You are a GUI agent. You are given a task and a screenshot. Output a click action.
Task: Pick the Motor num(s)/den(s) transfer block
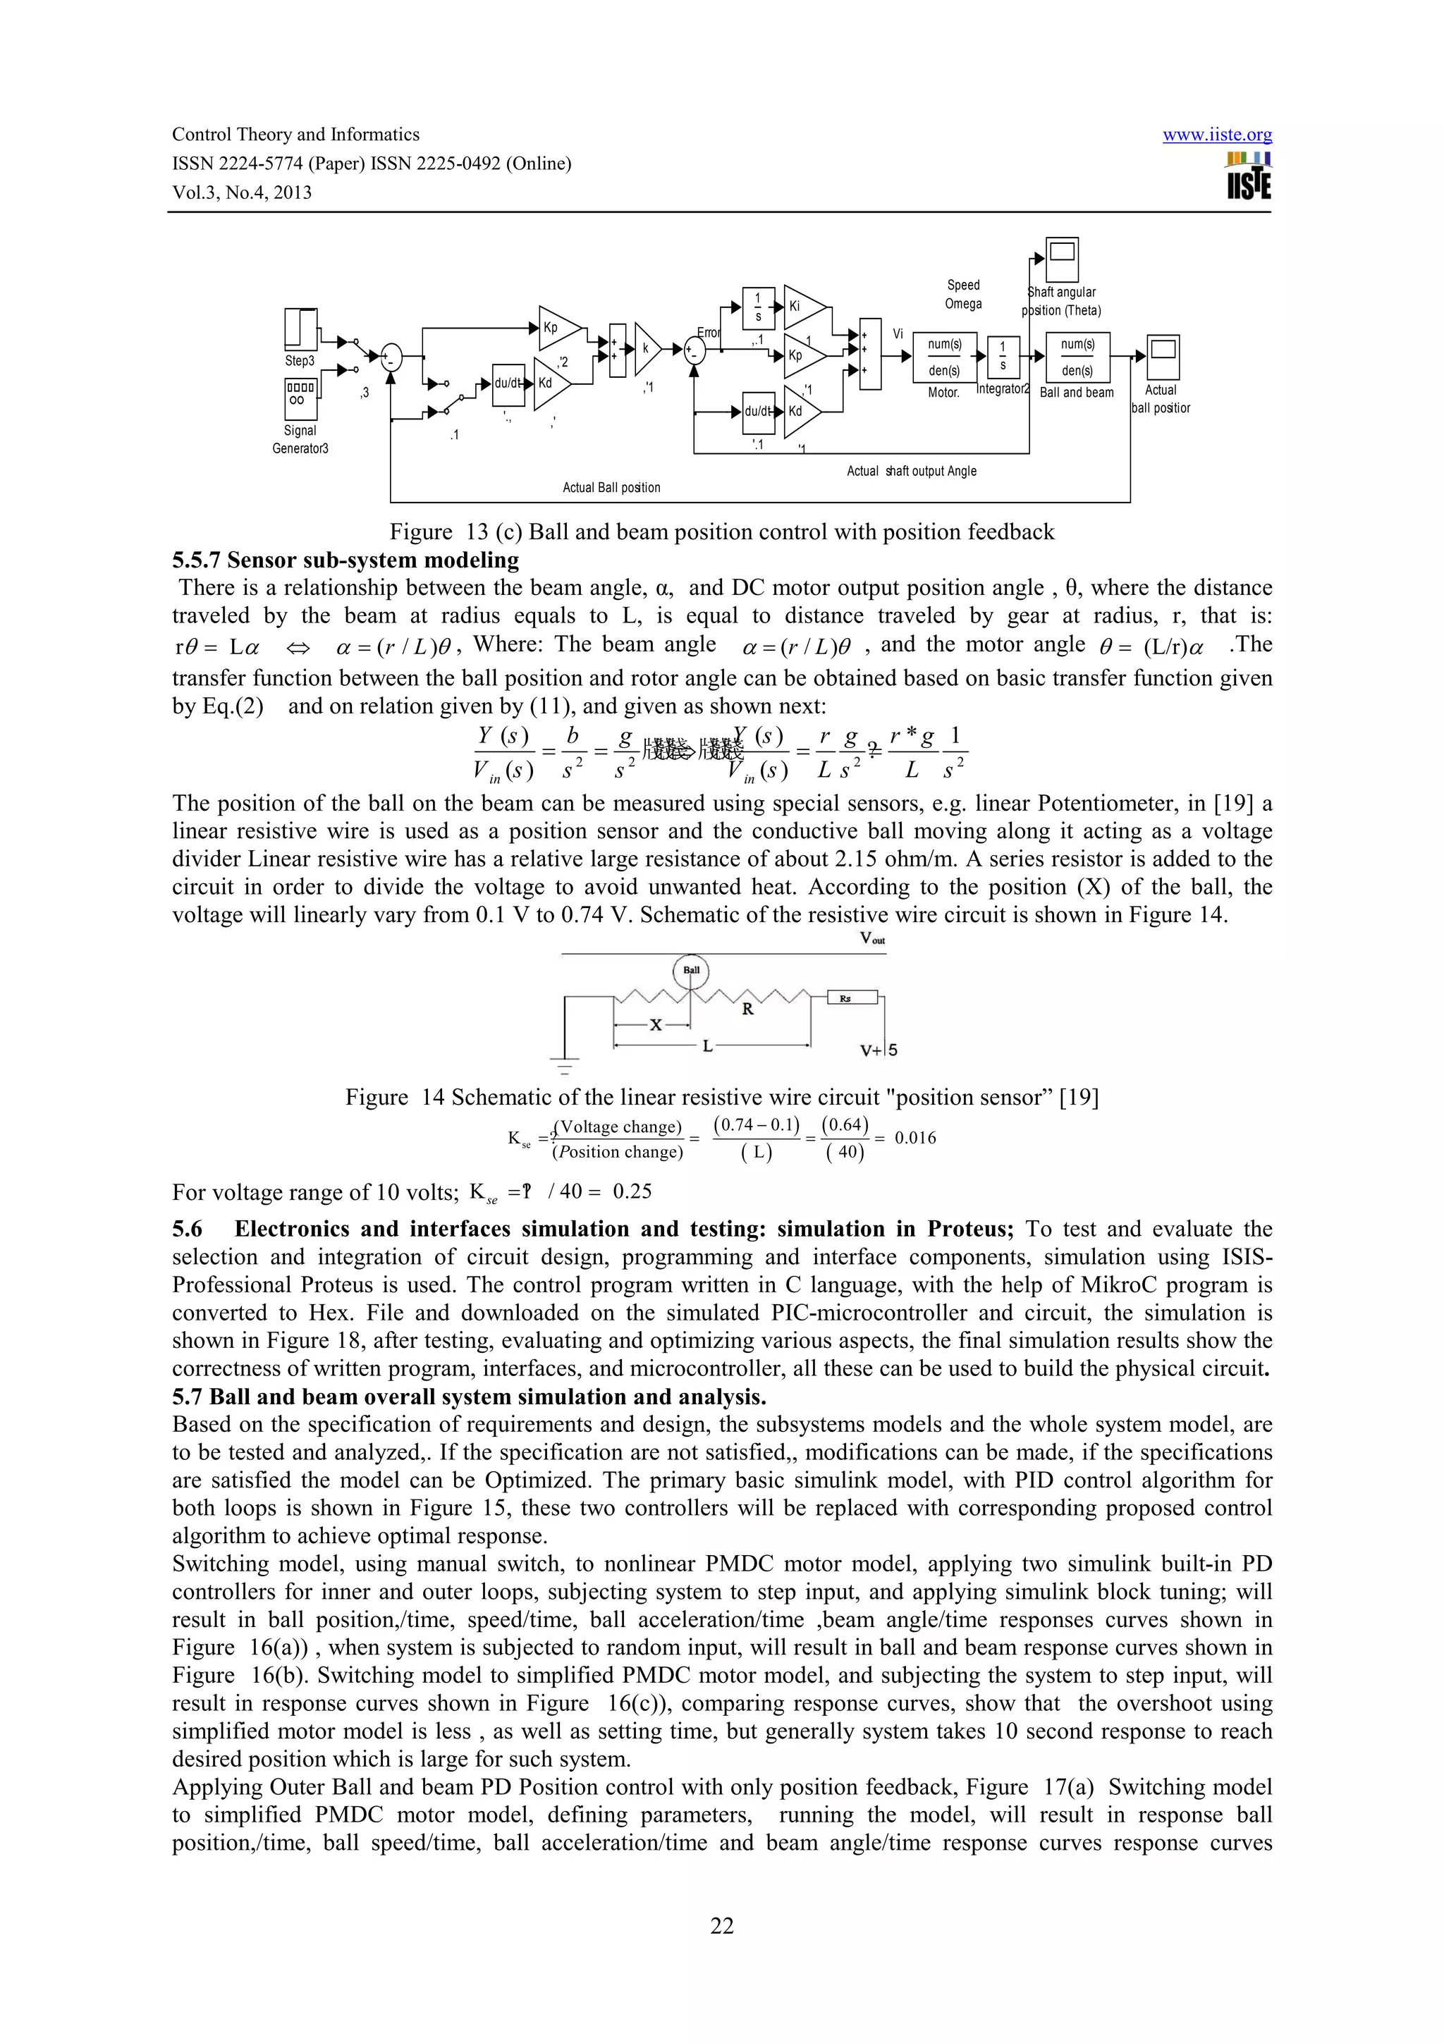pyautogui.click(x=944, y=357)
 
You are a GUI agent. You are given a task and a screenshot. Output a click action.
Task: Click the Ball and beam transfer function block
pyautogui.click(x=1077, y=357)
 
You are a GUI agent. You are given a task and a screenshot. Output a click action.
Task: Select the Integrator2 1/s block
pyautogui.click(x=1003, y=357)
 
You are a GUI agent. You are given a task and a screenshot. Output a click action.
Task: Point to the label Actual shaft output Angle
pyautogui.click(x=911, y=471)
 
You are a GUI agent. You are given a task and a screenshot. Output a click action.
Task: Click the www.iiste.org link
pyautogui.click(x=1217, y=135)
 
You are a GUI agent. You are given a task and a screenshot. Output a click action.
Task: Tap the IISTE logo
pyautogui.click(x=1248, y=176)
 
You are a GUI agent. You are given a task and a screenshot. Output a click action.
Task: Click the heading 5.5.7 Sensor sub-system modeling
pyautogui.click(x=345, y=560)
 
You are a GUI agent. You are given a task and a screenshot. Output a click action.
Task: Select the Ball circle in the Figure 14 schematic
pyautogui.click(x=691, y=970)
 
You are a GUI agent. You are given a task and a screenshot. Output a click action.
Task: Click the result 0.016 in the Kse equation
pyautogui.click(x=914, y=1138)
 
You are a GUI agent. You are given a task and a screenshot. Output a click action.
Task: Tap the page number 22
pyautogui.click(x=721, y=1925)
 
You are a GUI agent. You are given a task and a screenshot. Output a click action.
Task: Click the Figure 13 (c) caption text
pyautogui.click(x=721, y=532)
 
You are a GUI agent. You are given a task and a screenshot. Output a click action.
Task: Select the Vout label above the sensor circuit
pyautogui.click(x=872, y=939)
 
